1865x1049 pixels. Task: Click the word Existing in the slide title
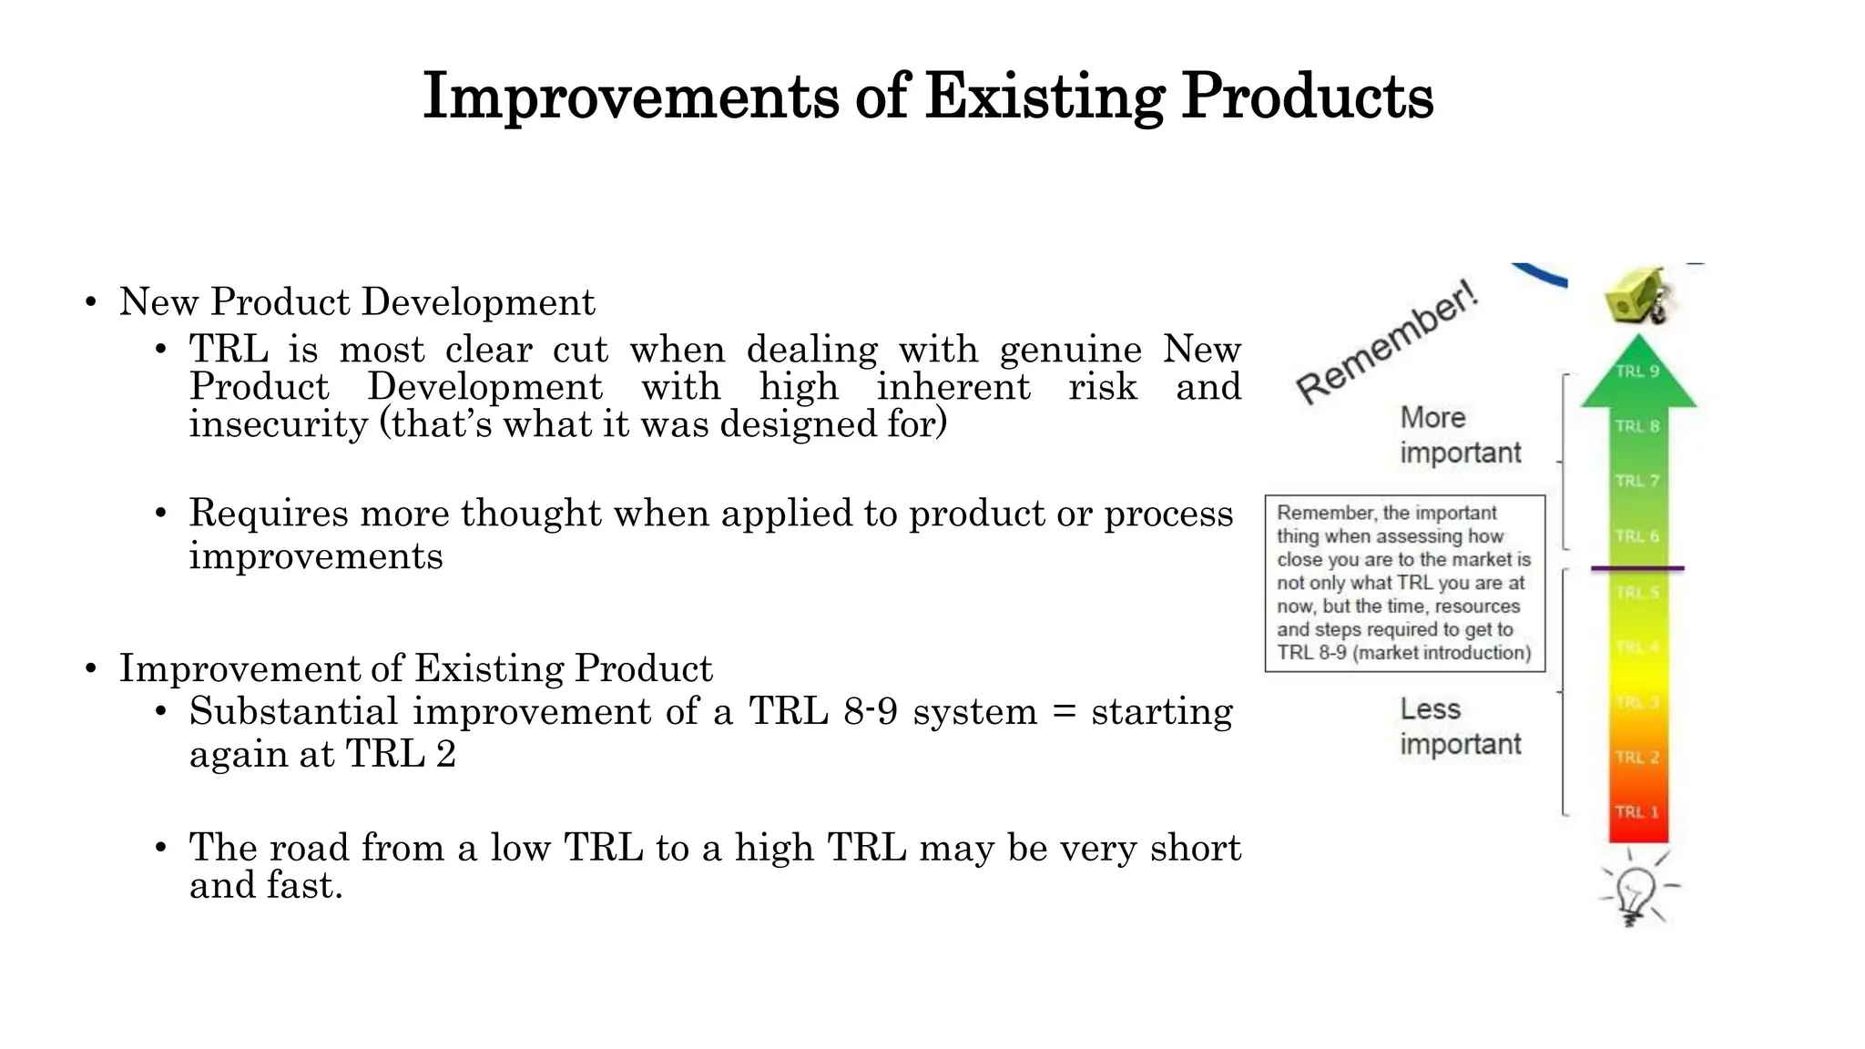coord(1044,96)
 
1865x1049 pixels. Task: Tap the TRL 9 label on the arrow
coord(1637,372)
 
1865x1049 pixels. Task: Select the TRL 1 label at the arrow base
coord(1636,812)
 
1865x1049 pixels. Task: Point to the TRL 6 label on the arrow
coord(1637,536)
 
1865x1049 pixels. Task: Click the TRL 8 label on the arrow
coord(1637,426)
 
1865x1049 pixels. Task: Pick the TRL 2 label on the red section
coord(1636,758)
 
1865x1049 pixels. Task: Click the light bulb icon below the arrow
coord(1636,893)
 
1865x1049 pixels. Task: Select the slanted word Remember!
coord(1387,343)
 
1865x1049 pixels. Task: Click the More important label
coord(1460,435)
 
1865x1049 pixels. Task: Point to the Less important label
coord(1460,727)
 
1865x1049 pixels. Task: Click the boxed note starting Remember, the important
coord(1404,583)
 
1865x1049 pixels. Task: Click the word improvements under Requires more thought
coord(316,556)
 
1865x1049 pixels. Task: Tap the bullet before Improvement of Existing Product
coord(90,669)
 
